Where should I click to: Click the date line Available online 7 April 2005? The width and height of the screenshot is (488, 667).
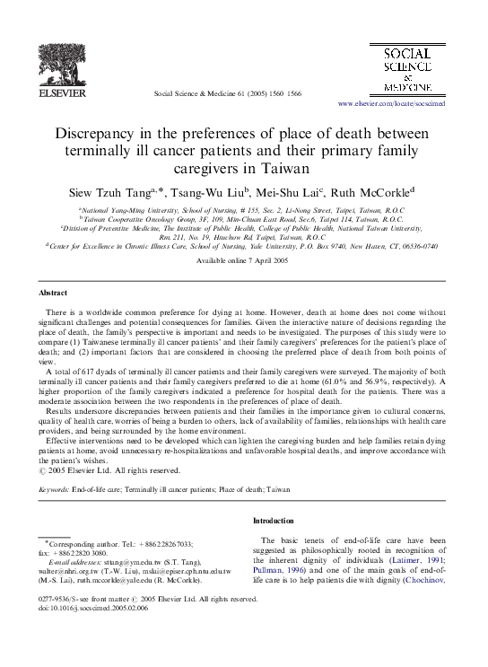(242, 259)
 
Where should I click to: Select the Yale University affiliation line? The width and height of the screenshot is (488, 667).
(244, 245)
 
